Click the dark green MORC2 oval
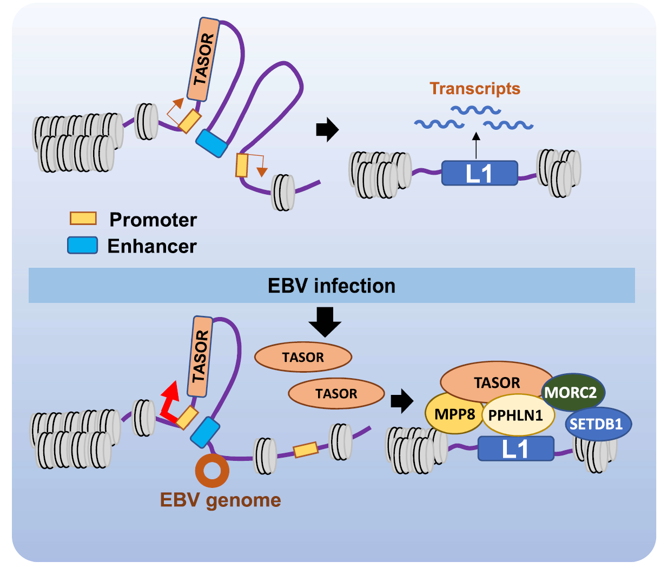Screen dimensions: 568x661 click(573, 392)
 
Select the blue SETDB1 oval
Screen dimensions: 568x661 click(598, 424)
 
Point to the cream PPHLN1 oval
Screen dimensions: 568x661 click(518, 415)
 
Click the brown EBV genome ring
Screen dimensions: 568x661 click(212, 471)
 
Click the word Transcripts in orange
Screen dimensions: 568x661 click(475, 89)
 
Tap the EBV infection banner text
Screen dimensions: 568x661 click(332, 286)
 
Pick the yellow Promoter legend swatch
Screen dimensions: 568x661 click(83, 219)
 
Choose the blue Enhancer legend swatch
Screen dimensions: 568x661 click(82, 245)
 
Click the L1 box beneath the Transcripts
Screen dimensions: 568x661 click(479, 173)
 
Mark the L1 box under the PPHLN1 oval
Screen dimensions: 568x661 click(515, 449)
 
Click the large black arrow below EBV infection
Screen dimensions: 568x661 click(325, 322)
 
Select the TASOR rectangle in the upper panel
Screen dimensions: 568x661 click(203, 60)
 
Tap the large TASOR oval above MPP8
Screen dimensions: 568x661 click(497, 382)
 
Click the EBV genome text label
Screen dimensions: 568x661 click(220, 500)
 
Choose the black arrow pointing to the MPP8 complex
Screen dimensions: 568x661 click(401, 401)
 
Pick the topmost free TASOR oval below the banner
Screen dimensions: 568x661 click(303, 357)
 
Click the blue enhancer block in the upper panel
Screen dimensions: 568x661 click(211, 143)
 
